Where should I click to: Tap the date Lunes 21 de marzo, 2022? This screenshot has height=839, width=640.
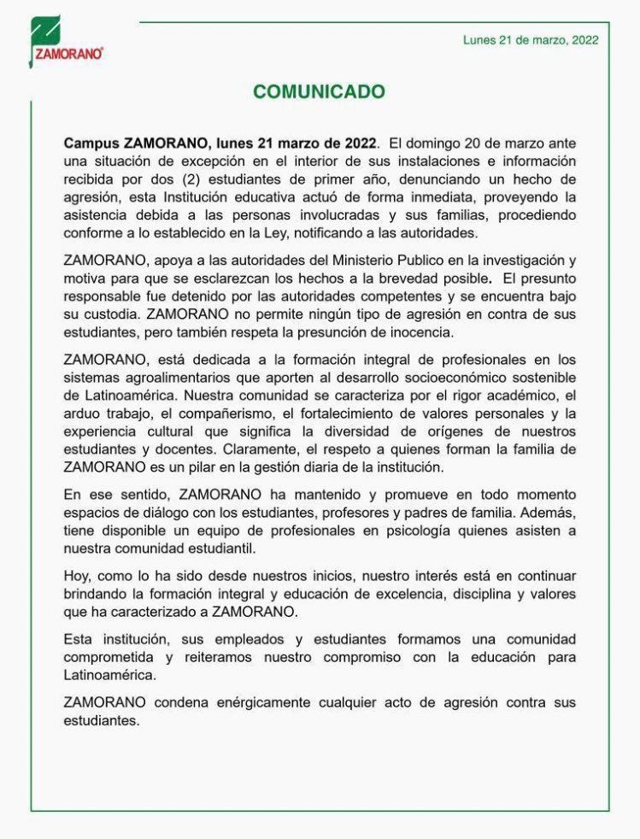pyautogui.click(x=531, y=39)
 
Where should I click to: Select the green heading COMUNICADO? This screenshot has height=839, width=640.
pyautogui.click(x=319, y=92)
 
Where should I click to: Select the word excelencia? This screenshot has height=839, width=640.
pyautogui.click(x=393, y=594)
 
